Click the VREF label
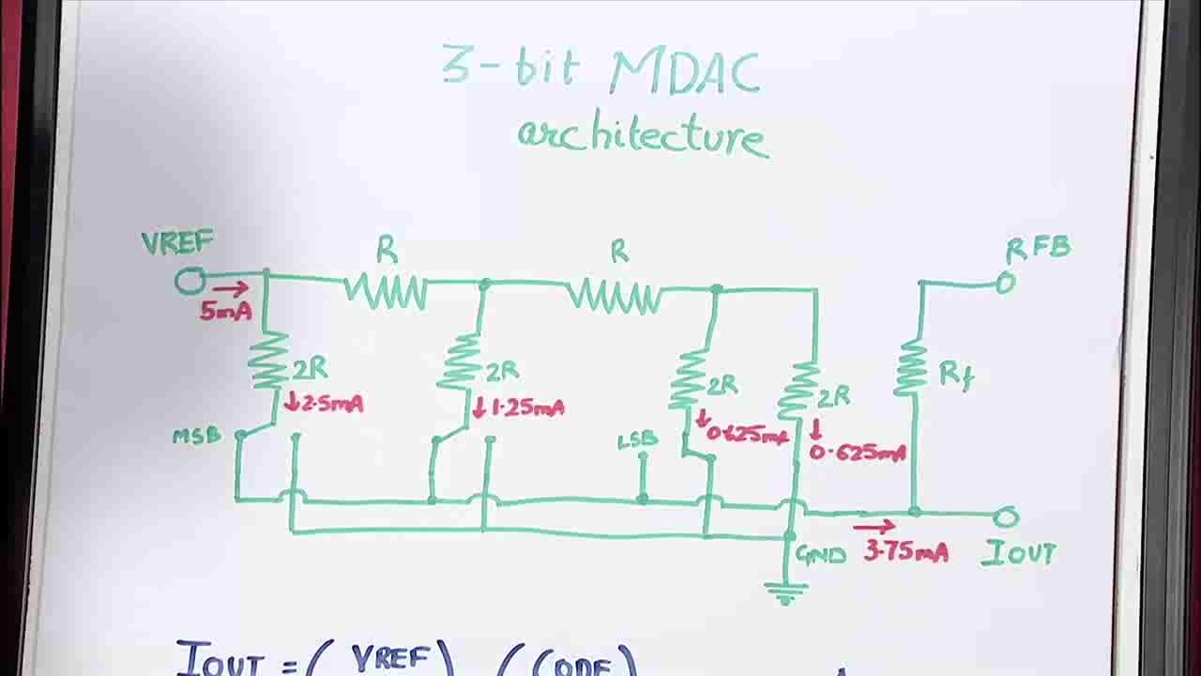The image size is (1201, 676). click(x=177, y=243)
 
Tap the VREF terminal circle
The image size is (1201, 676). click(x=190, y=281)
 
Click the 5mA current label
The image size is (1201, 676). click(x=225, y=311)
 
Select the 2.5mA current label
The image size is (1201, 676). click(x=325, y=405)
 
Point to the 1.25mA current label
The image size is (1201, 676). click(x=519, y=408)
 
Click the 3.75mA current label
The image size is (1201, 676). click(x=905, y=551)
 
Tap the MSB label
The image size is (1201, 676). click(x=196, y=437)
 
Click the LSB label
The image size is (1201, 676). click(x=637, y=440)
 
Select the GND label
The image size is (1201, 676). click(x=821, y=555)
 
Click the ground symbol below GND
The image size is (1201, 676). click(x=784, y=592)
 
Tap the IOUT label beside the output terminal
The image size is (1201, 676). click(x=1019, y=554)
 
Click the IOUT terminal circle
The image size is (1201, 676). click(x=1006, y=516)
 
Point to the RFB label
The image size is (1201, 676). click(x=1038, y=249)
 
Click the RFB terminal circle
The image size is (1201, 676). click(x=1005, y=283)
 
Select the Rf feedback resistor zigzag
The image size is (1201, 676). click(x=910, y=368)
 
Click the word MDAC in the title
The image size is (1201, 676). click(x=686, y=71)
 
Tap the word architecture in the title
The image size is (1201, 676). click(x=643, y=136)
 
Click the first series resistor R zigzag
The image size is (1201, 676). click(x=386, y=291)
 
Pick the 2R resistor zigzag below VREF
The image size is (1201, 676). click(x=268, y=361)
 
